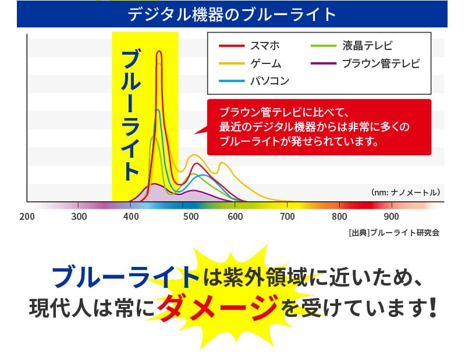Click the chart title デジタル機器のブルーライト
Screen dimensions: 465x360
point(232,14)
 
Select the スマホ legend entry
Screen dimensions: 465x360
point(250,45)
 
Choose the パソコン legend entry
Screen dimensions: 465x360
point(254,81)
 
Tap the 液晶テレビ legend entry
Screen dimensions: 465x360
point(352,45)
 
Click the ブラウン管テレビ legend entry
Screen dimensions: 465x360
point(365,63)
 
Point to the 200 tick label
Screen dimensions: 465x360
point(27,216)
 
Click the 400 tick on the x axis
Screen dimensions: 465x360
point(131,216)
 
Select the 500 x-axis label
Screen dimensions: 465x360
point(191,216)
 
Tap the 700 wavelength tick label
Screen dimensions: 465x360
point(287,216)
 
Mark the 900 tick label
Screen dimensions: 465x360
point(391,216)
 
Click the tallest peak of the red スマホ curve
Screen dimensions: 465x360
point(159,51)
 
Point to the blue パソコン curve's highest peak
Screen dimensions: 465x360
point(158,110)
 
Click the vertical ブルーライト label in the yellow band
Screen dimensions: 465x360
point(130,115)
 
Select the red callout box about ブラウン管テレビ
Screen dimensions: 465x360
point(319,127)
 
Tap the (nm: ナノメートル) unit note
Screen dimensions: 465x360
point(406,193)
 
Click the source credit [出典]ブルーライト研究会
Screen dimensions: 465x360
point(394,233)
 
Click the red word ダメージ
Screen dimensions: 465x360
point(218,308)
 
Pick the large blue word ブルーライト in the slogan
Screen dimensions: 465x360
point(126,277)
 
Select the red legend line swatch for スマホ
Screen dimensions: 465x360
point(232,45)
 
